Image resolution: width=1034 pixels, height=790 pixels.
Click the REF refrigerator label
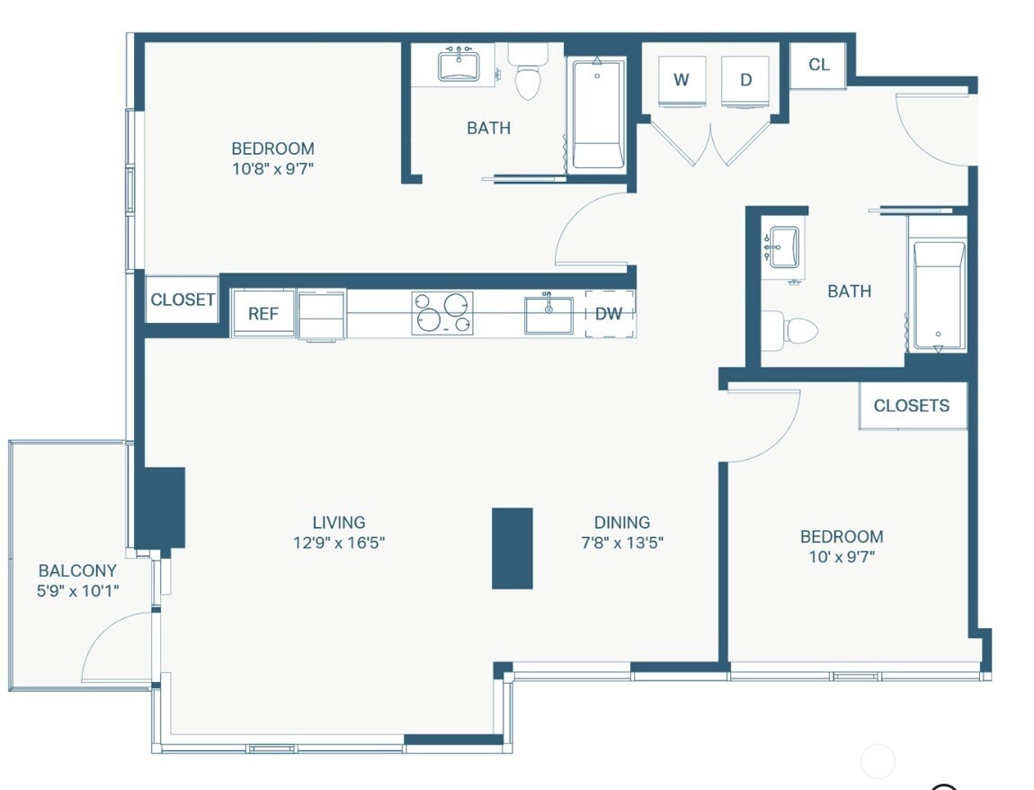[263, 313]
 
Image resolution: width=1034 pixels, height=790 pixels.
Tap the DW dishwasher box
[610, 313]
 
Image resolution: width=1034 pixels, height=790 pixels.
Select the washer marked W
[682, 80]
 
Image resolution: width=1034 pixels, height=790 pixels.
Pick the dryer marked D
[745, 80]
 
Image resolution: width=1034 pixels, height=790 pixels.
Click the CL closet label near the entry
[819, 65]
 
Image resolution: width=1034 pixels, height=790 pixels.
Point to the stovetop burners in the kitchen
[442, 313]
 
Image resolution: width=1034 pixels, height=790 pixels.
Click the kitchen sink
[548, 315]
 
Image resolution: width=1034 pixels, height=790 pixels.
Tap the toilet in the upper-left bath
[528, 71]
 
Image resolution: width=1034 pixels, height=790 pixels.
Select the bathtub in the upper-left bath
[597, 113]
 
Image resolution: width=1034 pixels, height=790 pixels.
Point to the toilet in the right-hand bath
[790, 329]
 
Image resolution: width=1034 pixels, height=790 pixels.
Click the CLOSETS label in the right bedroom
[912, 405]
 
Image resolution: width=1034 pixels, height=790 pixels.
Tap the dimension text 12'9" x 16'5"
[339, 543]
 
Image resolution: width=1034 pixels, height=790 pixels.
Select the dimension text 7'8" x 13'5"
[622, 543]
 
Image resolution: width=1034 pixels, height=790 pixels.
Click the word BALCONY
[77, 570]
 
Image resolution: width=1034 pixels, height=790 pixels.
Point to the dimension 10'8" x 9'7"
[272, 168]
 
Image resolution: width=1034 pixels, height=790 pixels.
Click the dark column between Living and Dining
[513, 548]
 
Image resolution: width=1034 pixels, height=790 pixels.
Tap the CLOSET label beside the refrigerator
[183, 300]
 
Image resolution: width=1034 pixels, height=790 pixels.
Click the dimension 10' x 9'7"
[842, 556]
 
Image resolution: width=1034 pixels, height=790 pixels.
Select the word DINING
[622, 523]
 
